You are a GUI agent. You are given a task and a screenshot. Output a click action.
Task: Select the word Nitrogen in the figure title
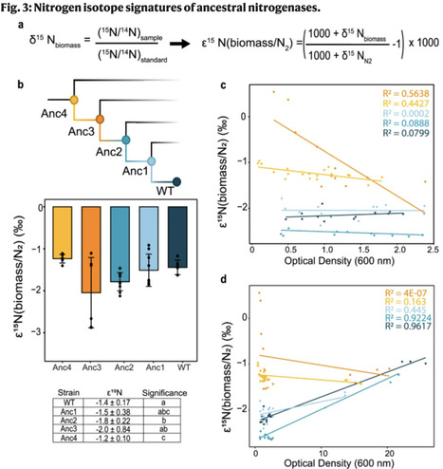point(61,9)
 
